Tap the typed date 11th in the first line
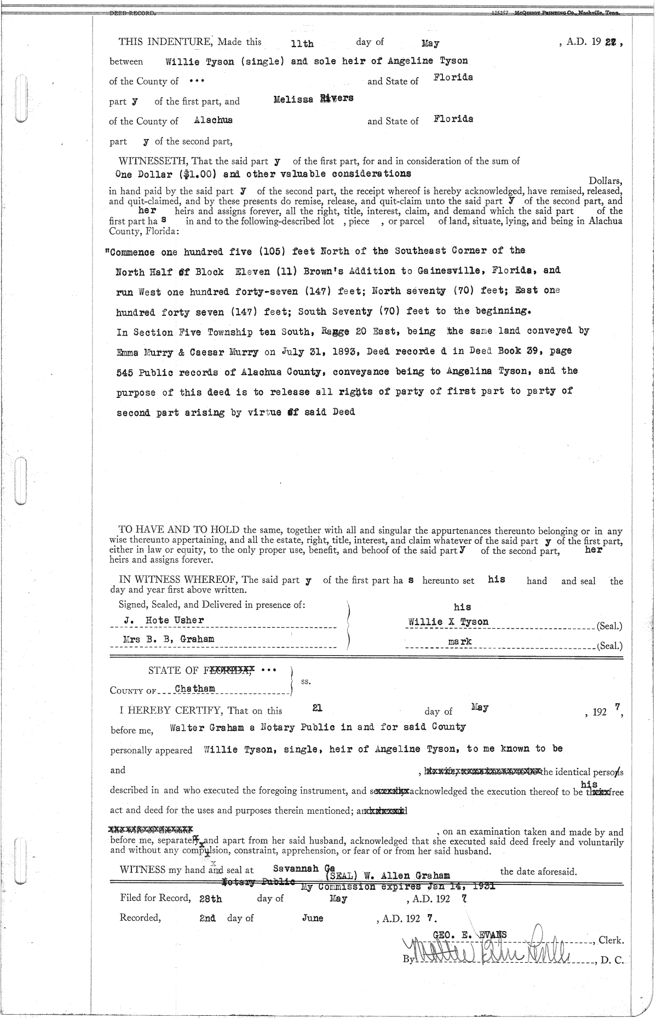tap(302, 43)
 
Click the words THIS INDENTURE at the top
tap(165, 42)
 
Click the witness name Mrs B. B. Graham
tap(169, 639)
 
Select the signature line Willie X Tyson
tap(448, 622)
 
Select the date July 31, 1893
tap(312, 351)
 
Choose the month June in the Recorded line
tap(313, 918)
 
